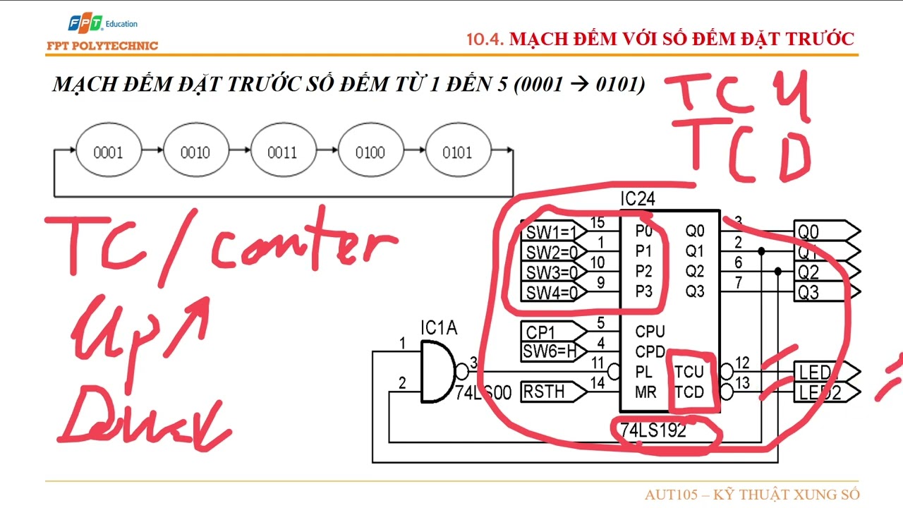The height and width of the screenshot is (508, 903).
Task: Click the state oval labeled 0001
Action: point(107,152)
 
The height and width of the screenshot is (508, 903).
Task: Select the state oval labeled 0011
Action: point(282,152)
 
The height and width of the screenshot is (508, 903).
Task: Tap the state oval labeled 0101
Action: point(456,152)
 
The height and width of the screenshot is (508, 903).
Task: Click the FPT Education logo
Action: point(102,25)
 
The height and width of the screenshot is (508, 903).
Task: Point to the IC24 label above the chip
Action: point(637,200)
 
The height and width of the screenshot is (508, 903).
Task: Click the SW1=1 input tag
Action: point(552,231)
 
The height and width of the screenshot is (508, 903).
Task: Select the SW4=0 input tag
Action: point(552,291)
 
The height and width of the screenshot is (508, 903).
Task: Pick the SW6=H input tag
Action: point(550,351)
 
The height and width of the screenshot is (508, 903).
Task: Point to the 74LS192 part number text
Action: point(653,430)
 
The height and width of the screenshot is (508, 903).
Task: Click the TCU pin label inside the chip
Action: point(689,372)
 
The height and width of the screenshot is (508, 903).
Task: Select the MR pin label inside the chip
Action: point(645,392)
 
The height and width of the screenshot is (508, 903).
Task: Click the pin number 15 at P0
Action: point(597,224)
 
